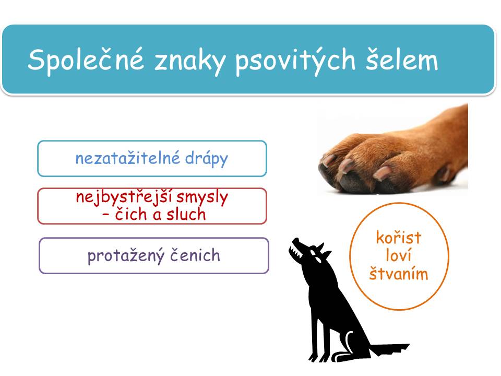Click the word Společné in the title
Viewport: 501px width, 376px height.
[86, 60]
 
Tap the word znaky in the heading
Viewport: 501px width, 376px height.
[190, 61]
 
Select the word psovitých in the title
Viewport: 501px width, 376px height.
[295, 60]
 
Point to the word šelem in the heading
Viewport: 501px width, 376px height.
[402, 59]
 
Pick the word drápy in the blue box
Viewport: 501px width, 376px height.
[207, 159]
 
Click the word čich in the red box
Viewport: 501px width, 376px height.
[132, 214]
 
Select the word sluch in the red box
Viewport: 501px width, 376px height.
[186, 214]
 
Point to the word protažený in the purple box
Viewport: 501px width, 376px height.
[126, 256]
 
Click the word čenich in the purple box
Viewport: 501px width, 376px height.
[195, 255]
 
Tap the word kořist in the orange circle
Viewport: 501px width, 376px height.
[399, 238]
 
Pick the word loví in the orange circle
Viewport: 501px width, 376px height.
[398, 255]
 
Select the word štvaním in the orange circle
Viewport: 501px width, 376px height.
[398, 273]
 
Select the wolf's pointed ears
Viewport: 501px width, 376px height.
[321, 250]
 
